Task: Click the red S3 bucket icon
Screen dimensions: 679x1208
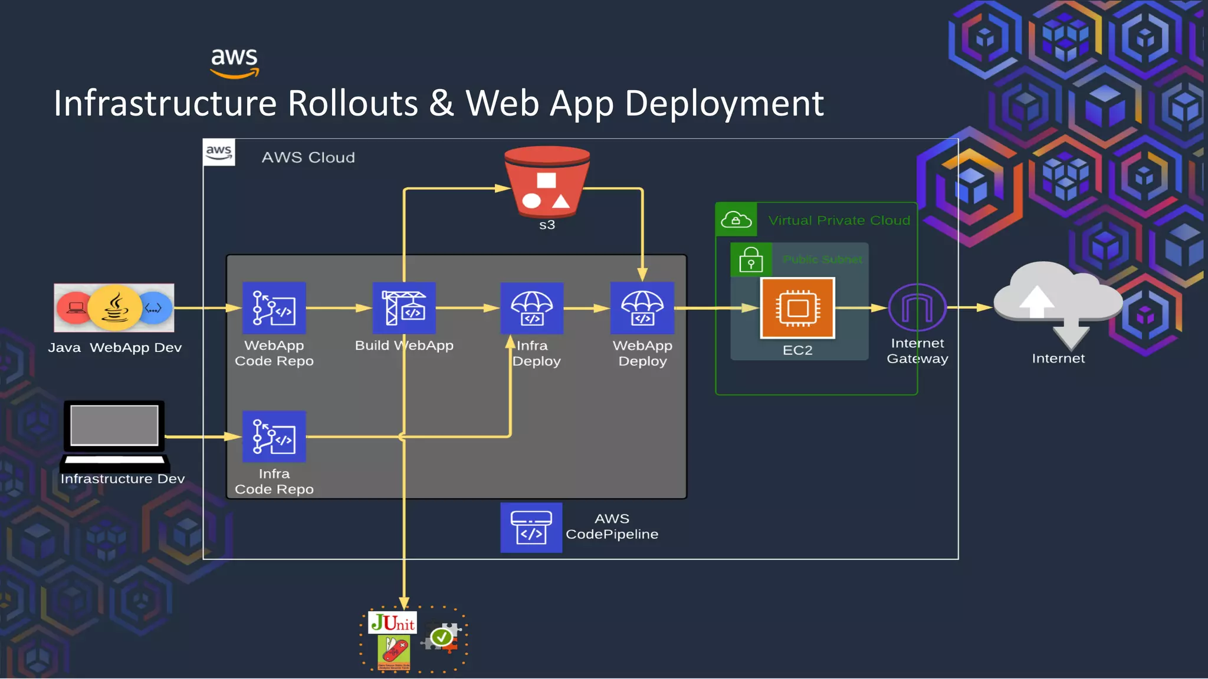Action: click(x=547, y=183)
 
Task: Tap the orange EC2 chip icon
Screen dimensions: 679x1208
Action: click(x=797, y=308)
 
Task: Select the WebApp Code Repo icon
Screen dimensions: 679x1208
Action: click(x=274, y=308)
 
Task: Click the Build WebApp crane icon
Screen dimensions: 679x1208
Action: click(x=404, y=308)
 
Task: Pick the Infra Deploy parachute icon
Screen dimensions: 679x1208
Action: click(x=531, y=308)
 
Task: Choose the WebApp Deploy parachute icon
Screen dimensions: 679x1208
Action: click(x=642, y=308)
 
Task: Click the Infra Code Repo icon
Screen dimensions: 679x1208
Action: click(x=274, y=436)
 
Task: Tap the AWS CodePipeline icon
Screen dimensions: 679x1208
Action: click(x=531, y=528)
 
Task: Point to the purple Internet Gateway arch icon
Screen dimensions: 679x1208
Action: click(x=917, y=307)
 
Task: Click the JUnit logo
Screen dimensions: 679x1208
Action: click(x=392, y=623)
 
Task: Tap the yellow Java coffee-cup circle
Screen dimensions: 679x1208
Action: click(x=116, y=307)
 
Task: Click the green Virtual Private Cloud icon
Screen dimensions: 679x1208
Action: click(x=736, y=220)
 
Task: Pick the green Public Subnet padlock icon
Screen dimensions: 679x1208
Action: click(x=751, y=259)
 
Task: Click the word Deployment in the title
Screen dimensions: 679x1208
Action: click(x=724, y=104)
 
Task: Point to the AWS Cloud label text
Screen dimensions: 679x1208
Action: click(x=308, y=157)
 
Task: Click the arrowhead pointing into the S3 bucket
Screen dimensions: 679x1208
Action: click(x=503, y=189)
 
